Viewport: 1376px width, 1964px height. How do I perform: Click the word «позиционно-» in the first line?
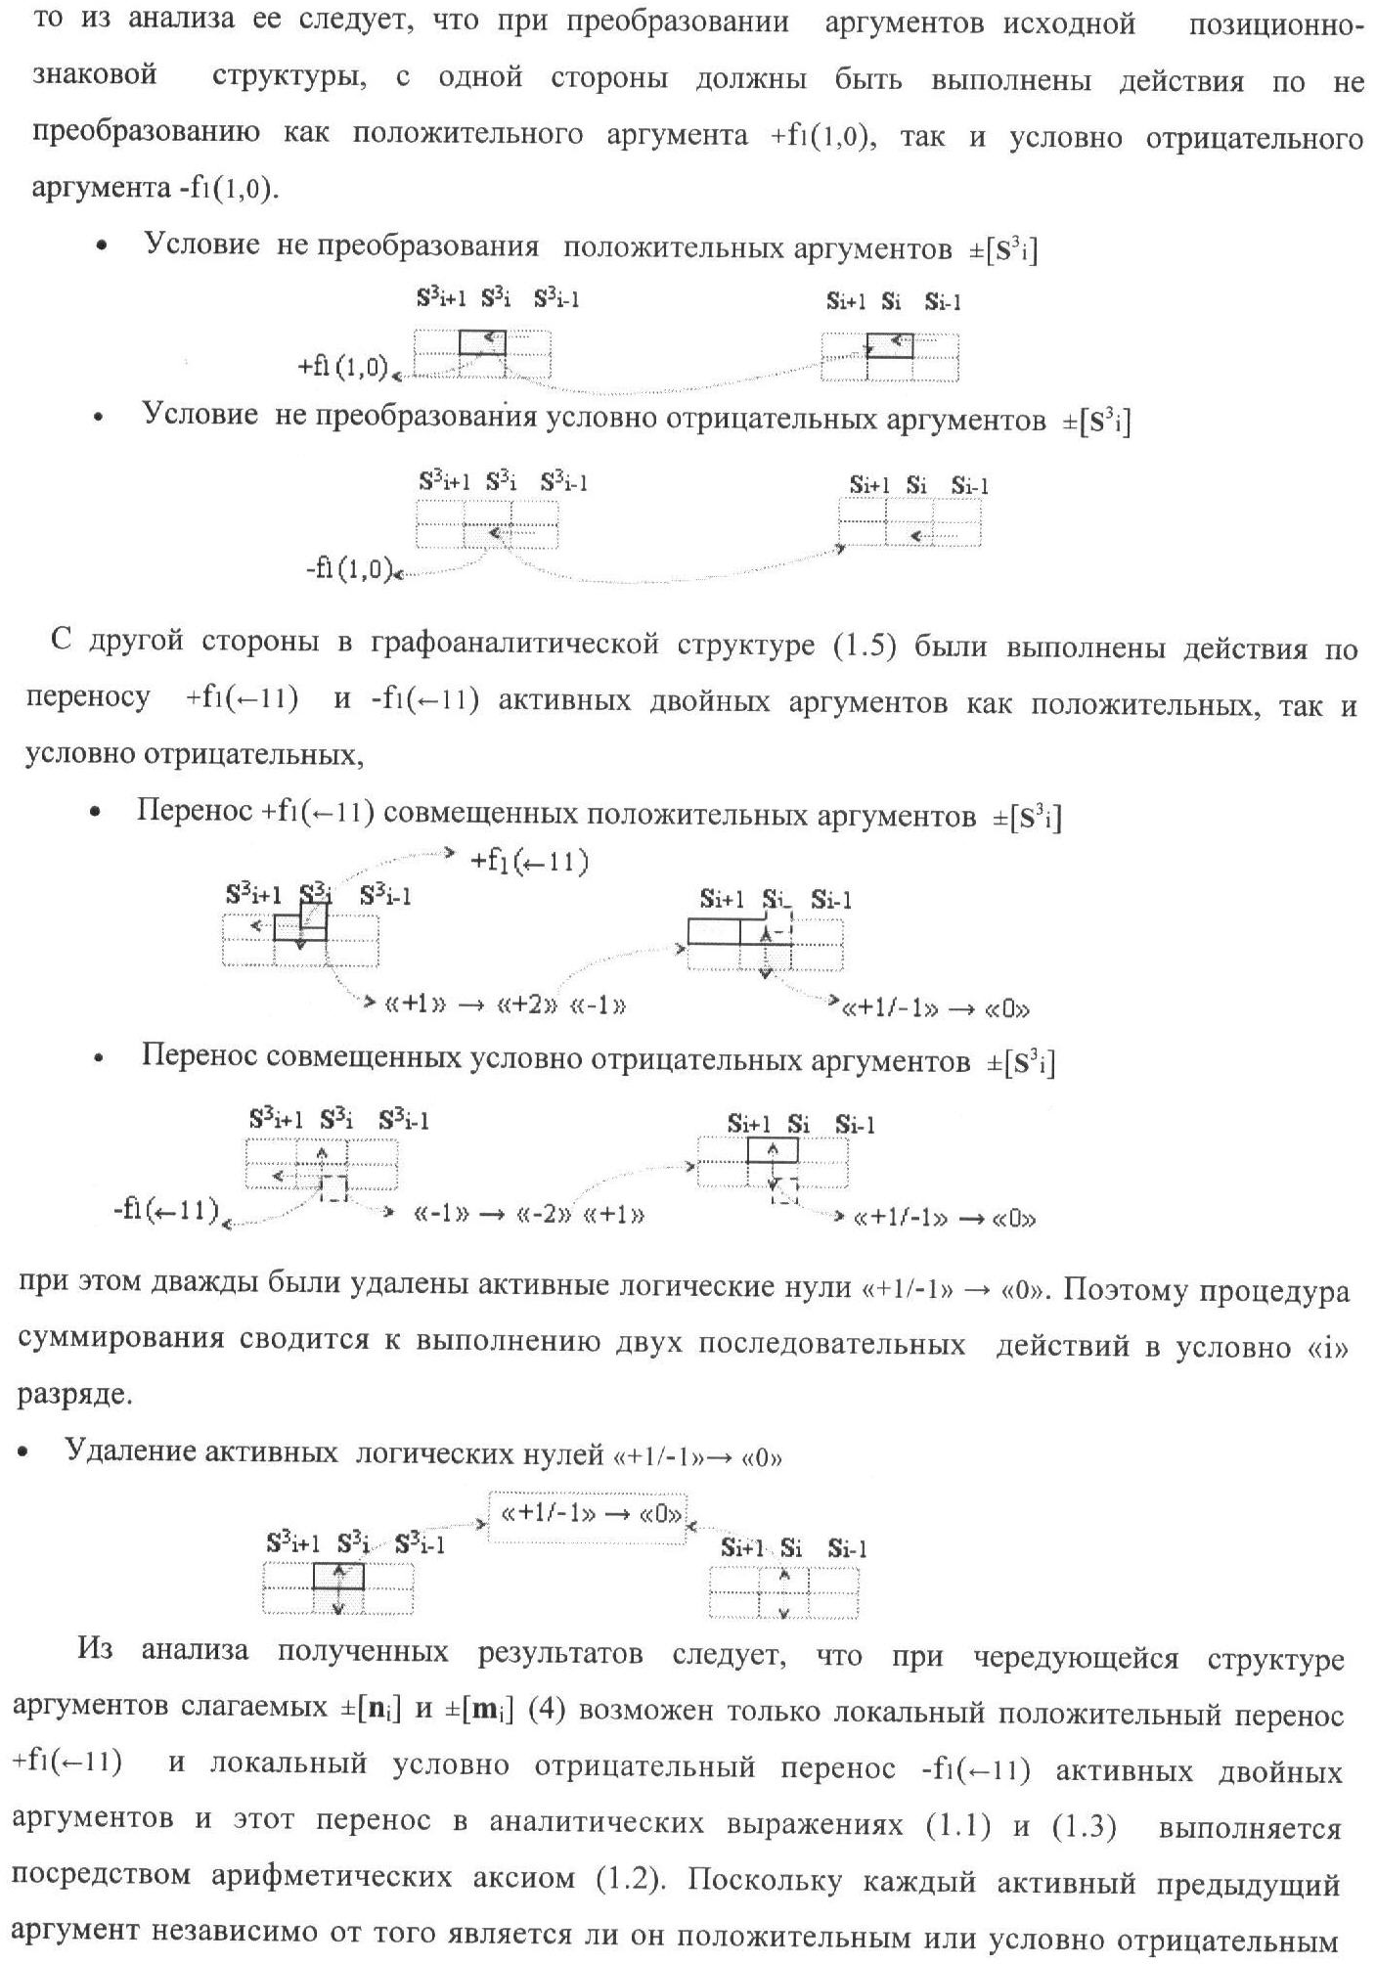(1274, 25)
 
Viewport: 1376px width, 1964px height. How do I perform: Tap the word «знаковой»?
(95, 76)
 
